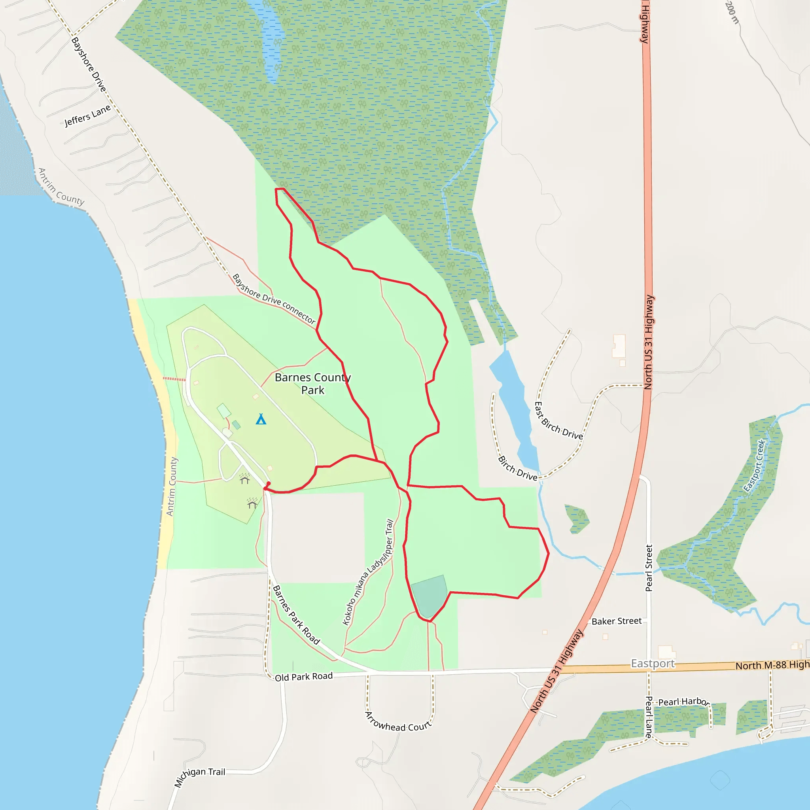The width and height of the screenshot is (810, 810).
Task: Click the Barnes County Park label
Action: (313, 384)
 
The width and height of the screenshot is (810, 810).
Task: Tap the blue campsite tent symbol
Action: (261, 419)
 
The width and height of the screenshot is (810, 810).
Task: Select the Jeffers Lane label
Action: (88, 115)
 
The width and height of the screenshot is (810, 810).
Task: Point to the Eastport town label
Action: (653, 663)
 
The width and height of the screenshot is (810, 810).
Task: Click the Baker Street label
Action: (616, 621)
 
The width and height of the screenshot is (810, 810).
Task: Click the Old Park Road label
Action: (303, 677)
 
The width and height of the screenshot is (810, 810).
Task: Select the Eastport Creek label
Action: (754, 466)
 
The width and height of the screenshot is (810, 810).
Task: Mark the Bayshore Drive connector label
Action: (274, 299)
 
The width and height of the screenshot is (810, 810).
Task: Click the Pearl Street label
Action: (649, 568)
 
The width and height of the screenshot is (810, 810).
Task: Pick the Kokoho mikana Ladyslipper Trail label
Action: (368, 572)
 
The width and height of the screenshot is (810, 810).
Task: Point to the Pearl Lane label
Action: (649, 717)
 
